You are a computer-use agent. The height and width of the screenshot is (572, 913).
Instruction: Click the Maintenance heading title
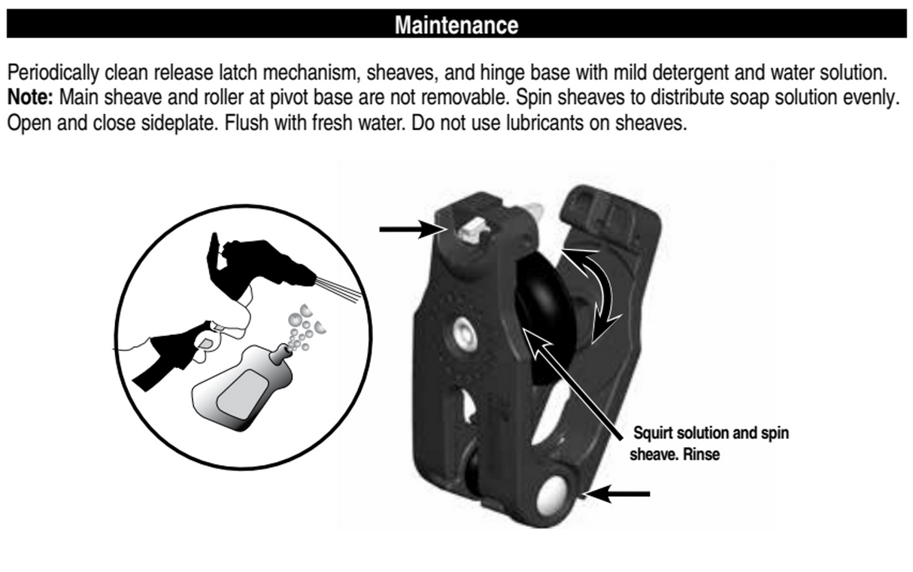point(456,25)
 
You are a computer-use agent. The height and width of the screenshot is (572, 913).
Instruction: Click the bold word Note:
point(30,97)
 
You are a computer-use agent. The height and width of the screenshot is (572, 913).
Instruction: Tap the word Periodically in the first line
point(53,73)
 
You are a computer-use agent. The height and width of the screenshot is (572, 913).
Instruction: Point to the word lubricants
point(545,123)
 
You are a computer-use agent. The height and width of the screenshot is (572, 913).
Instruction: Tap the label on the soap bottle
point(242,395)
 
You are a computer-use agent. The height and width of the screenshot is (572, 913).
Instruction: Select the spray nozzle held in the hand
point(269,263)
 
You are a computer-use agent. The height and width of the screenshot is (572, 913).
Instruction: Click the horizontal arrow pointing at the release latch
point(412,230)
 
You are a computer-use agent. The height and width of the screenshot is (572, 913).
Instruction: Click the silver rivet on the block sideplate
point(465,336)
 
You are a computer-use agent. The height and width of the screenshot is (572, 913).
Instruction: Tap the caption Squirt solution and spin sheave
point(709,443)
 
